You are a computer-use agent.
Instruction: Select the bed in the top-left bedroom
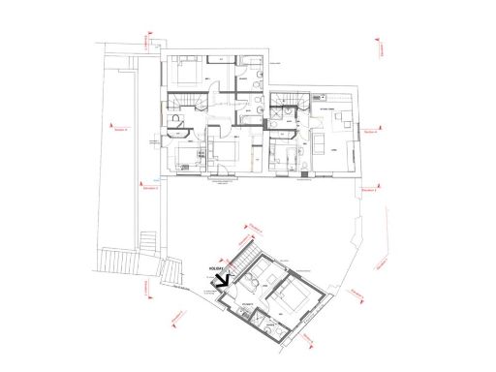(x=186, y=73)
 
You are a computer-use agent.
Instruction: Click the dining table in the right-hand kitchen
(x=339, y=121)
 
